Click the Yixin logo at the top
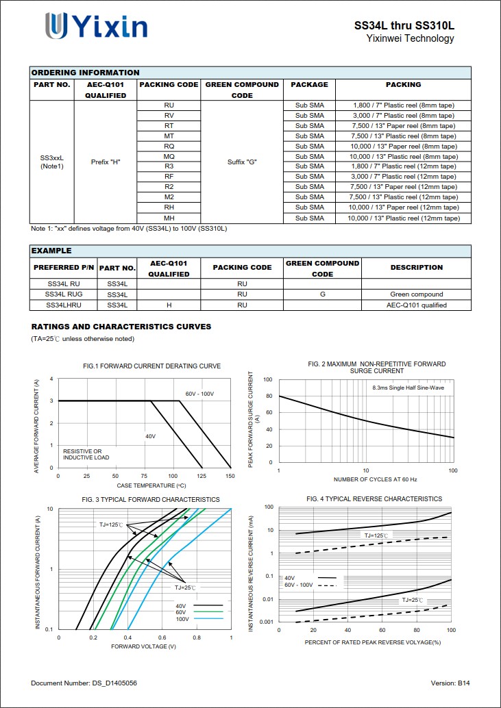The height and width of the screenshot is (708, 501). pos(96,26)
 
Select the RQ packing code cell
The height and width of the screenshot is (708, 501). pos(169,146)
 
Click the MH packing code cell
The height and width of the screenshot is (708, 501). pos(169,218)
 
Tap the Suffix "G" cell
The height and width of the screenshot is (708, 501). pos(242,162)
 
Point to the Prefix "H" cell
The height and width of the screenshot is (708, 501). pos(106,162)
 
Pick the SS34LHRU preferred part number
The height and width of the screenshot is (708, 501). pos(64,305)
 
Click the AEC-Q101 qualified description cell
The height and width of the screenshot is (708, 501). pos(416,305)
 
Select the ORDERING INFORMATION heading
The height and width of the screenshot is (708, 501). pos(85,73)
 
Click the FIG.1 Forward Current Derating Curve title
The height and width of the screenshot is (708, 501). pos(151,366)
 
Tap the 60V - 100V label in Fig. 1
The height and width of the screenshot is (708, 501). pos(199,394)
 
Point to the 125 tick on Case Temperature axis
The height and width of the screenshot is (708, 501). pos(201,475)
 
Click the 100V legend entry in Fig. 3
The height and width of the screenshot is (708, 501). pos(182,619)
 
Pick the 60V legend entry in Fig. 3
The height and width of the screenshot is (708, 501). pos(182,612)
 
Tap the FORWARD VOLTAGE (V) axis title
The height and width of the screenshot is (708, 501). pos(143,646)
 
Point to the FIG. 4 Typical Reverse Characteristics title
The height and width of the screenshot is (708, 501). pos(374,499)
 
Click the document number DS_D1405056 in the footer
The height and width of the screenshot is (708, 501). pos(84,683)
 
